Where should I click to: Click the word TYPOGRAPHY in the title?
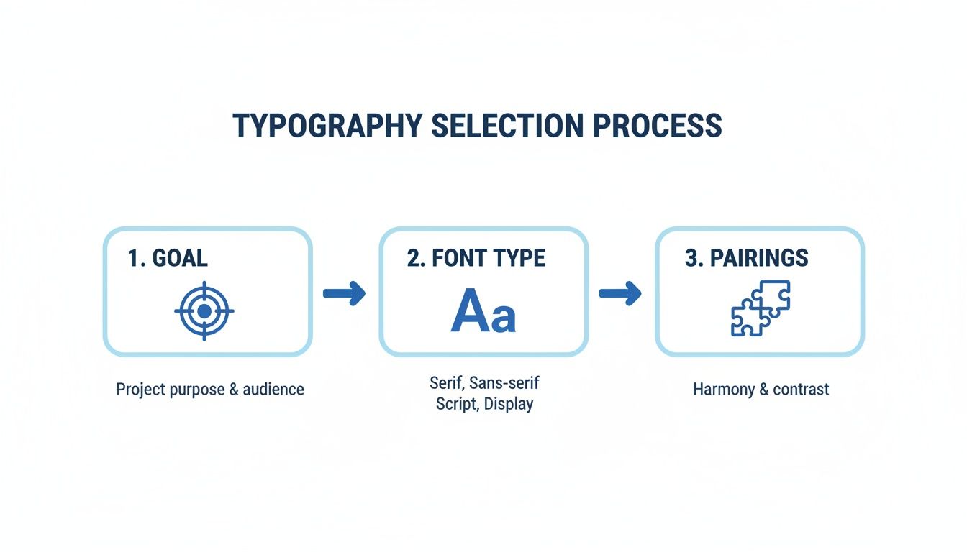tap(327, 126)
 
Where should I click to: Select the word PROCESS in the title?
tap(657, 126)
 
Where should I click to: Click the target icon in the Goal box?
tap(204, 310)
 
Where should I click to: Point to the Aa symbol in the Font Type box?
tap(484, 310)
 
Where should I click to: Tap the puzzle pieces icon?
tap(761, 308)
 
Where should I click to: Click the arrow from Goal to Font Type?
tap(345, 293)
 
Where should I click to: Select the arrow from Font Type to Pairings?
tap(620, 293)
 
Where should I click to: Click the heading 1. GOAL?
tap(168, 259)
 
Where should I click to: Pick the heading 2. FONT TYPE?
tap(476, 259)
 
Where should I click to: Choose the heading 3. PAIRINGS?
tap(746, 259)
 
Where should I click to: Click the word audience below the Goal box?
tap(273, 390)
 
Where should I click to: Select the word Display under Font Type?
tap(509, 403)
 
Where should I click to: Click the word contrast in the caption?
tap(800, 390)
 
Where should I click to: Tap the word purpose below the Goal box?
tap(197, 390)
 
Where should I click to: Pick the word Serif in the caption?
tap(445, 382)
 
